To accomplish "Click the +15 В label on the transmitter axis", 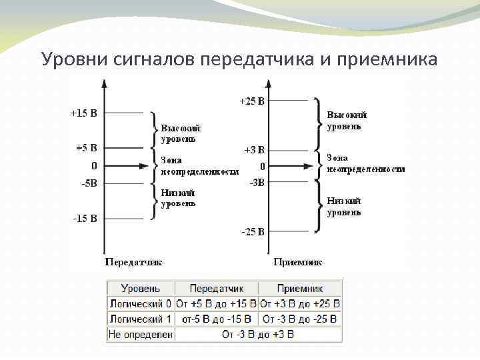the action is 84,113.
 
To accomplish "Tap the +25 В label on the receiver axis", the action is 252,101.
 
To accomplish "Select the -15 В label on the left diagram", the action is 85,218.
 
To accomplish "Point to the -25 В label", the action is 252,232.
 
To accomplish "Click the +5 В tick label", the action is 86,147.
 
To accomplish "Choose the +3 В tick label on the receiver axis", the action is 253,150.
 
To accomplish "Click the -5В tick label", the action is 88,183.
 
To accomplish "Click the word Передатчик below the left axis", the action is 134,262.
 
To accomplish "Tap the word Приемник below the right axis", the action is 298,262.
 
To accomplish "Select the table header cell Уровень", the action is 141,289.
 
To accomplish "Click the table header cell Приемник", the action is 300,289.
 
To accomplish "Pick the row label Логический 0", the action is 141,304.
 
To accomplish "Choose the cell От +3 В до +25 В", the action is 300,304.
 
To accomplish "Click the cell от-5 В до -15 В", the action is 217,319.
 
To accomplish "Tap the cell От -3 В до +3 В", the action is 258,334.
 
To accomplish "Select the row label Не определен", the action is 141,334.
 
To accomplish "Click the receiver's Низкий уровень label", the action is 344,207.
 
